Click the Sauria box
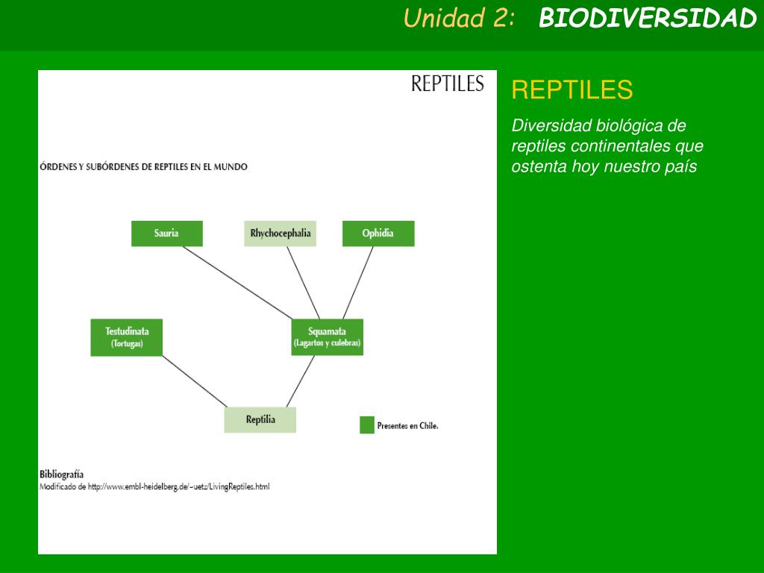[x=166, y=234]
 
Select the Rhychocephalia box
[x=281, y=234]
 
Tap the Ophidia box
[x=378, y=234]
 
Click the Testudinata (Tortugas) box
[x=127, y=337]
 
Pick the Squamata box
[x=327, y=337]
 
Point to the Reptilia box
[x=260, y=419]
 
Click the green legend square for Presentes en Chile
[x=366, y=425]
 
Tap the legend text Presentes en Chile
[x=407, y=426]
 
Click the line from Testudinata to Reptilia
[x=194, y=381]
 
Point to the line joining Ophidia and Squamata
[x=358, y=282]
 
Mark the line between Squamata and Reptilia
[x=300, y=381]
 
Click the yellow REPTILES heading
[x=572, y=90]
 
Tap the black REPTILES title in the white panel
[x=447, y=84]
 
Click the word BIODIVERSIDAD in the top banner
[x=648, y=19]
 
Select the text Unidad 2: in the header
[x=459, y=19]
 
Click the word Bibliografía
[x=61, y=475]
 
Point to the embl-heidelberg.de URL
[x=178, y=487]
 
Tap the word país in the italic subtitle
[x=680, y=166]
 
